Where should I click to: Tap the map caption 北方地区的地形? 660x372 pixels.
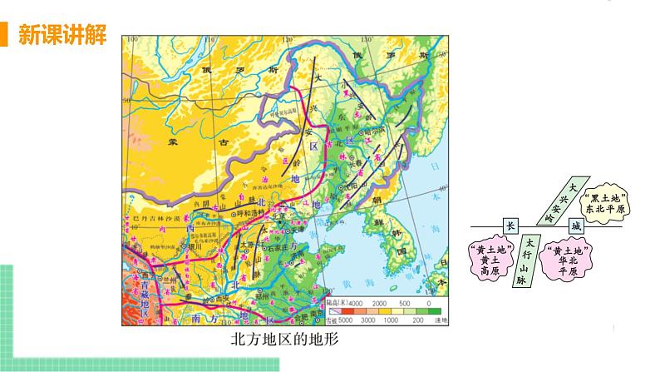point(287,340)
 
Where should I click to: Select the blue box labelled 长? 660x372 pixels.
point(510,226)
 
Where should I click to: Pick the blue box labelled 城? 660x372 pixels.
point(574,226)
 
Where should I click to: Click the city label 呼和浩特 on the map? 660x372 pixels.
point(253,212)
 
